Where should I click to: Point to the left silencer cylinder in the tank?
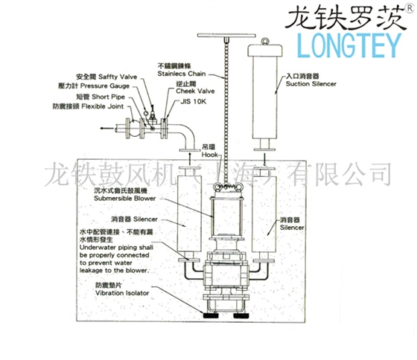[179, 216]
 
